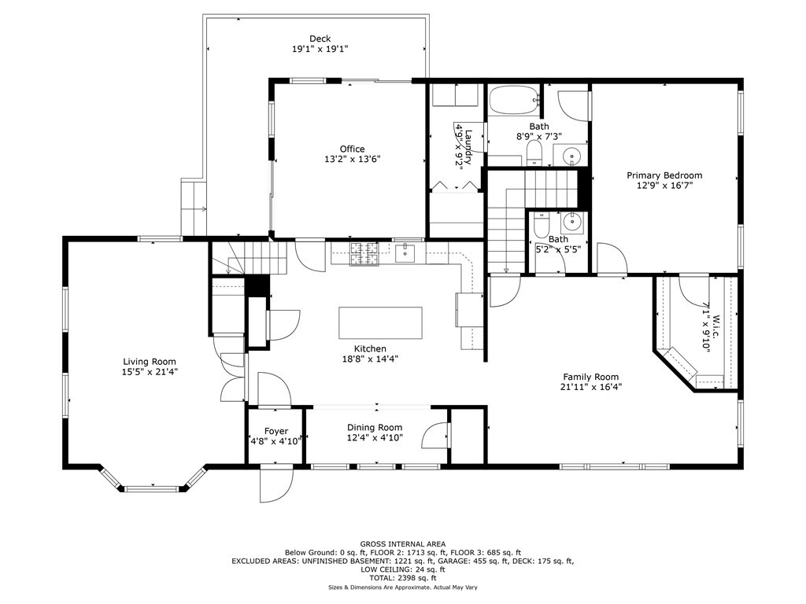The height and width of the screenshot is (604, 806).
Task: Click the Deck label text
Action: point(320,39)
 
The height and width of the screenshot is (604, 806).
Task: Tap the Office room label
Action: point(352,149)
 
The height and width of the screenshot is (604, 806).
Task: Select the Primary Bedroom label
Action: point(664,175)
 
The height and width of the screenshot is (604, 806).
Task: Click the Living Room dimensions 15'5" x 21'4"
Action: point(149,372)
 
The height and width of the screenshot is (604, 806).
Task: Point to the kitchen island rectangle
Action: point(380,322)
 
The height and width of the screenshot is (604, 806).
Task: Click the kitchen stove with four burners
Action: point(363,253)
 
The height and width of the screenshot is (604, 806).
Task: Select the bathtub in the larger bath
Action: point(514,101)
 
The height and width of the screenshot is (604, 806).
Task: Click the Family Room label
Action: point(590,377)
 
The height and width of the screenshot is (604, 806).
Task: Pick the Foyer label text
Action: point(275,431)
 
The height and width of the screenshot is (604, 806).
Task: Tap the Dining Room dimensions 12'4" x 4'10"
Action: point(375,438)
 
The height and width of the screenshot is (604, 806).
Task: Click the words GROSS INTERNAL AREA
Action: point(402,543)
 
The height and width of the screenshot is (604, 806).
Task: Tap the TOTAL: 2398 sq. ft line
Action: point(402,578)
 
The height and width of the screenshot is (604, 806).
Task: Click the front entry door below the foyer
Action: point(275,483)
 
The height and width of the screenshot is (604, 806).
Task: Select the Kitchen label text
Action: point(369,348)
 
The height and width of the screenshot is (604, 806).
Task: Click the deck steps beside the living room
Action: point(193,208)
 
